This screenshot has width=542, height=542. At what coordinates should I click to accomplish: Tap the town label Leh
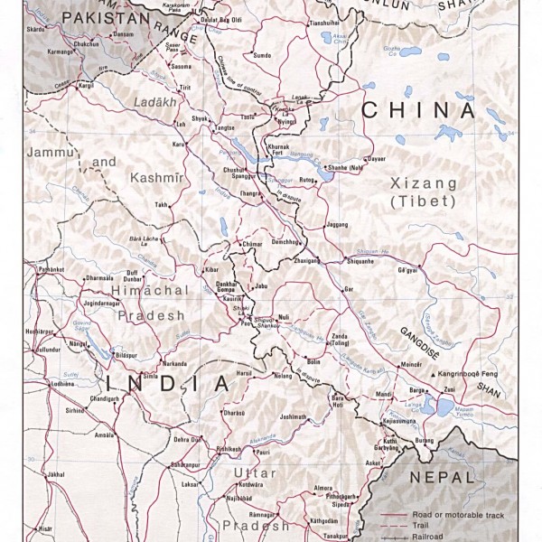(x=181, y=123)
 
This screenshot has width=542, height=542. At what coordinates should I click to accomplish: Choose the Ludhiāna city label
(x=39, y=384)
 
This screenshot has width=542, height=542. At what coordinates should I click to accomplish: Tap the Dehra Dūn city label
(x=188, y=438)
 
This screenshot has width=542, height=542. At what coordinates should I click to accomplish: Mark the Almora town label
(x=323, y=488)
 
